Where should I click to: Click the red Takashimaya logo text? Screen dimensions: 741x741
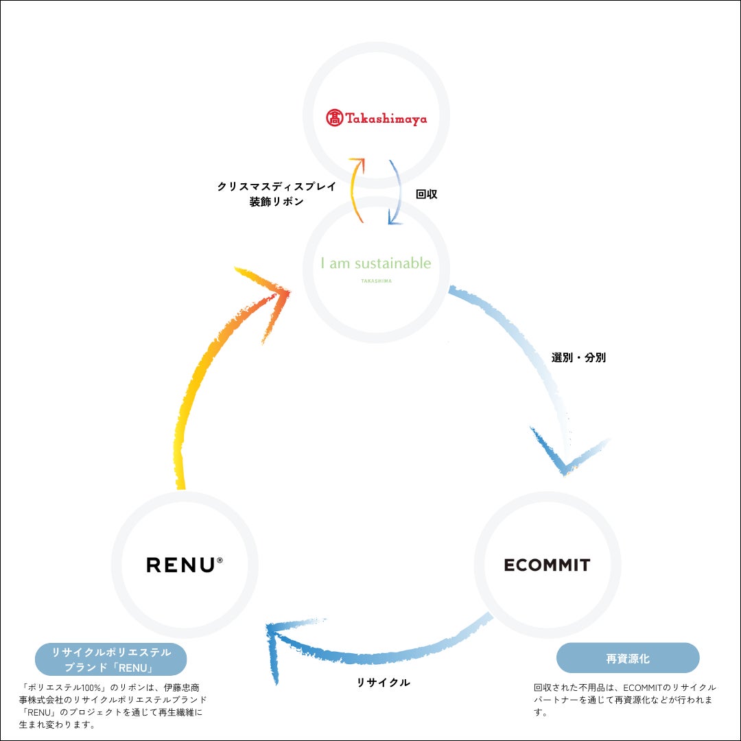click(x=386, y=119)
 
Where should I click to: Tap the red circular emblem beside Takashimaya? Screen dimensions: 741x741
click(x=334, y=118)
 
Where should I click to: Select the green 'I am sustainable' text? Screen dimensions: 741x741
click(x=376, y=263)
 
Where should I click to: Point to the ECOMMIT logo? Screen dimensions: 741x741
click(x=547, y=565)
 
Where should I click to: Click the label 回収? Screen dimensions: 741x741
click(x=426, y=194)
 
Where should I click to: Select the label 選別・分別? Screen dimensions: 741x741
click(x=578, y=357)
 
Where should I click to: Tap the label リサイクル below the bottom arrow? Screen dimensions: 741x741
click(x=383, y=682)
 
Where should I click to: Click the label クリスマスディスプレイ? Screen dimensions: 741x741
click(x=276, y=187)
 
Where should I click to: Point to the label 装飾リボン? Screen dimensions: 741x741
click(x=276, y=202)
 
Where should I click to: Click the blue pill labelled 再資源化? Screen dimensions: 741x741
click(x=627, y=659)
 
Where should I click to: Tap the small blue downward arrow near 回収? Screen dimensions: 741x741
click(x=395, y=192)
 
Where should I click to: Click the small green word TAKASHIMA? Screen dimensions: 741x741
click(x=376, y=281)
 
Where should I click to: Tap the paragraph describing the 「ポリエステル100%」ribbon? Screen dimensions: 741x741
click(x=113, y=705)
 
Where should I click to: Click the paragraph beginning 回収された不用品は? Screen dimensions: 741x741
click(x=624, y=699)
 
